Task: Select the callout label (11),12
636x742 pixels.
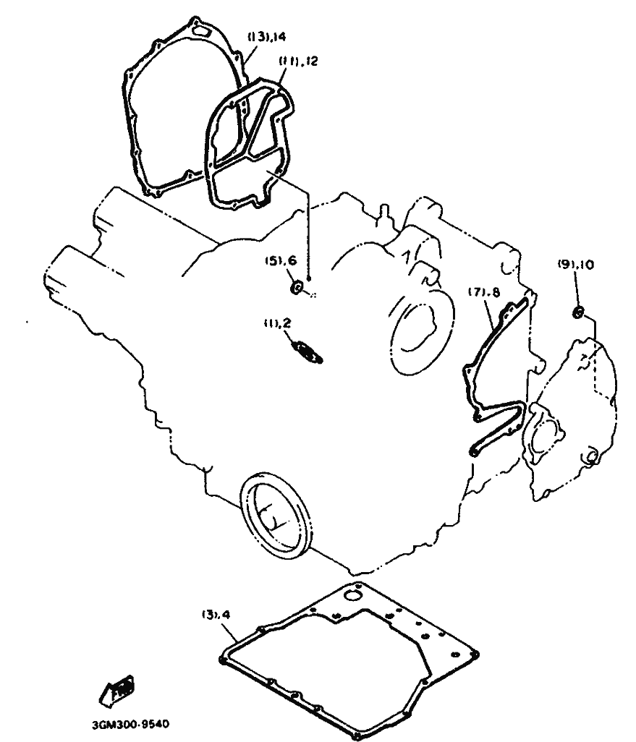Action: (x=297, y=62)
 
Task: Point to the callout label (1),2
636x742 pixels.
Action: (x=277, y=323)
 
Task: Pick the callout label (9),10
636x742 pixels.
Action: (x=576, y=265)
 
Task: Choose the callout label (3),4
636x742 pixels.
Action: (x=216, y=615)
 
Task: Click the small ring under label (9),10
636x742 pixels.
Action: (x=577, y=312)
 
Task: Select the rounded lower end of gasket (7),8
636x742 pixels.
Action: (x=474, y=450)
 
